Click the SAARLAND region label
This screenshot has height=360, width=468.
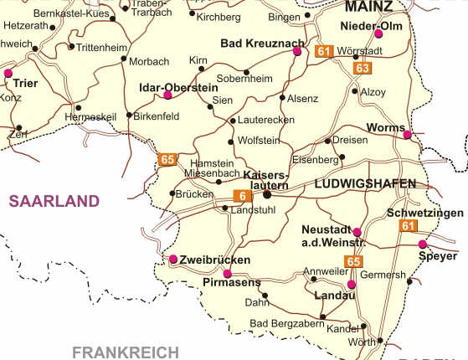pos(54,201)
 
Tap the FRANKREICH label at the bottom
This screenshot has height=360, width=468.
pos(126,352)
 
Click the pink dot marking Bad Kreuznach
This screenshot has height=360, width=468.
pos(296,51)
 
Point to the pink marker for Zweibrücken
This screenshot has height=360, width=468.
pos(173,259)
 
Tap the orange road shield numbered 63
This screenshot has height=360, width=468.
pos(362,67)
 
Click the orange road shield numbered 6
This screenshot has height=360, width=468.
pos(242,196)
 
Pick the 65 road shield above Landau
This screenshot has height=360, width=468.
pos(353,261)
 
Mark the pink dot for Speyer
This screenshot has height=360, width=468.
pos(422,244)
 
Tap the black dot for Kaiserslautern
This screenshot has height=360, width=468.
pos(267,195)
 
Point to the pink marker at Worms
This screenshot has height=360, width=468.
pos(407,135)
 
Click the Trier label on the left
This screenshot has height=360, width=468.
pos(26,84)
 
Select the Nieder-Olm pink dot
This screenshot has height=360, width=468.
pos(378,34)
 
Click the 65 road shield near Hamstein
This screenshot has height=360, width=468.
pos(167,159)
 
